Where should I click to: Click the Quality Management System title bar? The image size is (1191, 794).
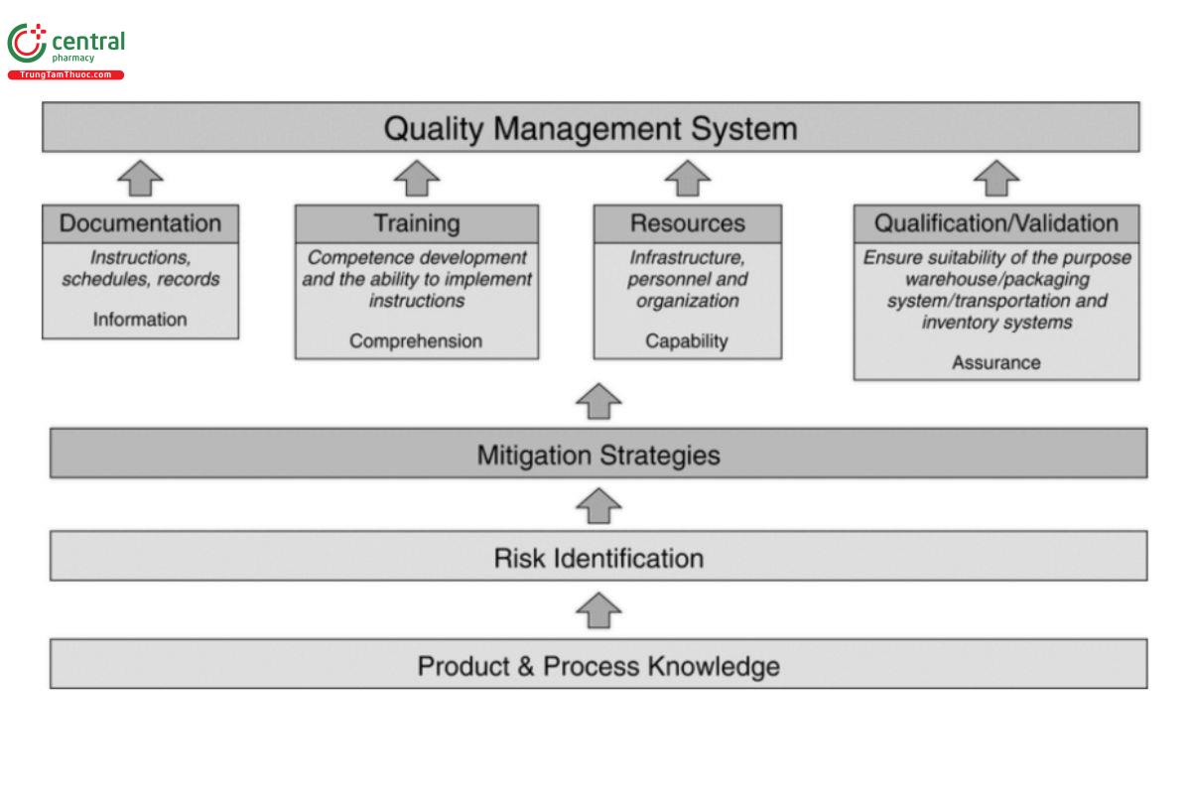[591, 128]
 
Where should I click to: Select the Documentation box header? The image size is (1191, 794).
[140, 223]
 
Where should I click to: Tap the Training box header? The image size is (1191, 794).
[417, 223]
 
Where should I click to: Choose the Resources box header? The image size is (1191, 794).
[687, 223]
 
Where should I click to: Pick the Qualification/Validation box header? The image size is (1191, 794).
[995, 223]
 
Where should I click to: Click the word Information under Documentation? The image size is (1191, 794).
[140, 320]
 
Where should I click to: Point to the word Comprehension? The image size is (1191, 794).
[416, 340]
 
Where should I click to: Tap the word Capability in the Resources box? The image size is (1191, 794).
[687, 340]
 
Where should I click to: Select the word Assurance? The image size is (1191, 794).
[996, 362]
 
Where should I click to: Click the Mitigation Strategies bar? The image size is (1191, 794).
[598, 455]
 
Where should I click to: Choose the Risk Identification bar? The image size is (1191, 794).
[598, 558]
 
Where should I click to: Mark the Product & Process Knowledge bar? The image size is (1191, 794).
[598, 665]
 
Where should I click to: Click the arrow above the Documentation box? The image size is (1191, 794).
[140, 179]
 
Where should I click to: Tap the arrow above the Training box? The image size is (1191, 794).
[417, 179]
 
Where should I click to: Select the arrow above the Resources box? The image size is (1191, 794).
[687, 179]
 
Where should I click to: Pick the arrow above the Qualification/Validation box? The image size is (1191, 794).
[996, 179]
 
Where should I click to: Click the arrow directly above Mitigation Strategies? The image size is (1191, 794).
[598, 401]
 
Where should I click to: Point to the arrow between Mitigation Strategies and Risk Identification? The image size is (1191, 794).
[598, 505]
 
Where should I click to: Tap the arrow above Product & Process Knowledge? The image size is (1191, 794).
[598, 610]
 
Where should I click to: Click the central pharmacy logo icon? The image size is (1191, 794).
[27, 45]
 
